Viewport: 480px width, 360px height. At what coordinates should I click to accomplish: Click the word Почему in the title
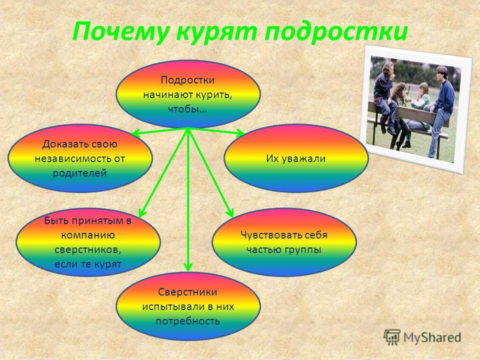pos(120,31)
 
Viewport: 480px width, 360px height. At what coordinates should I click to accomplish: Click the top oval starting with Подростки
pos(188,94)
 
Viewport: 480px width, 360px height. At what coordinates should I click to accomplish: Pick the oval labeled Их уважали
pos(296,158)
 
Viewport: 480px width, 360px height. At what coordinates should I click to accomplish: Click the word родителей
pos(79,173)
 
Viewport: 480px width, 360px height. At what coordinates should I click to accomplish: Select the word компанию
pos(88,235)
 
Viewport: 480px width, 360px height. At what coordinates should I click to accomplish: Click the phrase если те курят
pos(88,264)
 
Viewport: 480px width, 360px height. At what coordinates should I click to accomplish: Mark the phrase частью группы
pos(284,250)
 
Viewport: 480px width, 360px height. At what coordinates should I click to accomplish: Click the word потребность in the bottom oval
pos(188,321)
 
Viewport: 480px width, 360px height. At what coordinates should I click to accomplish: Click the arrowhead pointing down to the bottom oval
pos(188,267)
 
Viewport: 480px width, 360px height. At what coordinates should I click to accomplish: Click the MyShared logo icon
pos(392,337)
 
